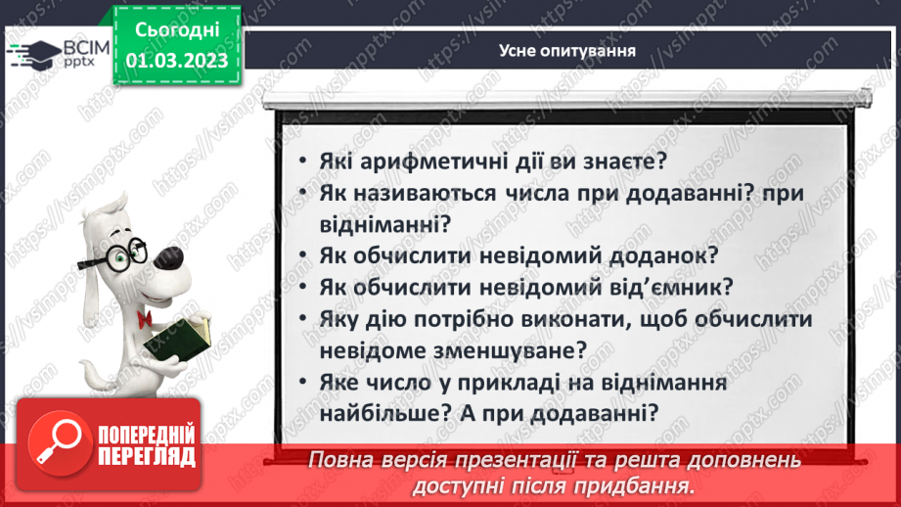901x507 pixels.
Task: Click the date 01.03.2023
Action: click(x=178, y=61)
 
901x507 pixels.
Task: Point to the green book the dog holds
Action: click(x=177, y=338)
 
